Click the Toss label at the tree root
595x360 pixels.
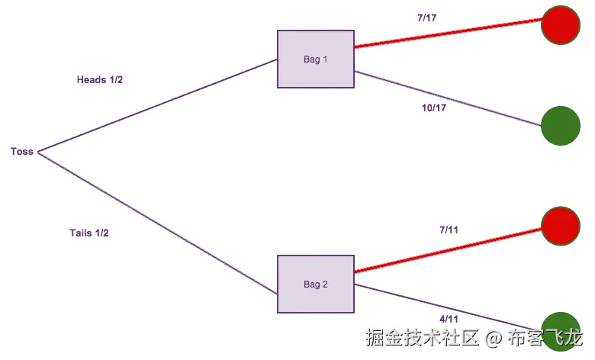[x=22, y=152]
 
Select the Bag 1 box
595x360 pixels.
[x=316, y=59]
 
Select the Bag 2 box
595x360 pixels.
[x=316, y=284]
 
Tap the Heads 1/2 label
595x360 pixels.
[x=100, y=80]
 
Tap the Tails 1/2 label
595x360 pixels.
[x=89, y=233]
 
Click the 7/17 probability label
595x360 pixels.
[x=426, y=17]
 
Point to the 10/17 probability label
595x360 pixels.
[x=434, y=108]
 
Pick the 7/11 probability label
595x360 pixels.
[x=449, y=230]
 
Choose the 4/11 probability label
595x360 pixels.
[x=449, y=320]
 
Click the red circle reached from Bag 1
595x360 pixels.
[x=561, y=25]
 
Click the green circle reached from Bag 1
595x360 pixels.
[x=561, y=125]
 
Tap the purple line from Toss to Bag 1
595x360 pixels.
[x=156, y=105]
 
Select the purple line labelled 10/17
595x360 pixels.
[x=448, y=98]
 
